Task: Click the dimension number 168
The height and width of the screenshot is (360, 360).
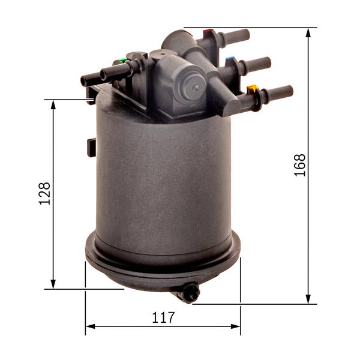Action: coord(301,165)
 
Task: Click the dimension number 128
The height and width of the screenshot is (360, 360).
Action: coord(45,193)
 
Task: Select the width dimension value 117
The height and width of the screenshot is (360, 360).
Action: coord(163,317)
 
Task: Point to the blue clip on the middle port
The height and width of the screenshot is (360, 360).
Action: coord(230,61)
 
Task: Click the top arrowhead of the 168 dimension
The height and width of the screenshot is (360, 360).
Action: coord(308,32)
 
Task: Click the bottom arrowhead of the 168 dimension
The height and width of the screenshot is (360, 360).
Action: coord(308,299)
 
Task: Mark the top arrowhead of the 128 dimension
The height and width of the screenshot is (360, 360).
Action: coord(53,104)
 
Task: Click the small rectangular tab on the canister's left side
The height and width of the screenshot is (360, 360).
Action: coord(91,146)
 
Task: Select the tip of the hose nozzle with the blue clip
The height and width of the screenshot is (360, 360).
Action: coord(268,62)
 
